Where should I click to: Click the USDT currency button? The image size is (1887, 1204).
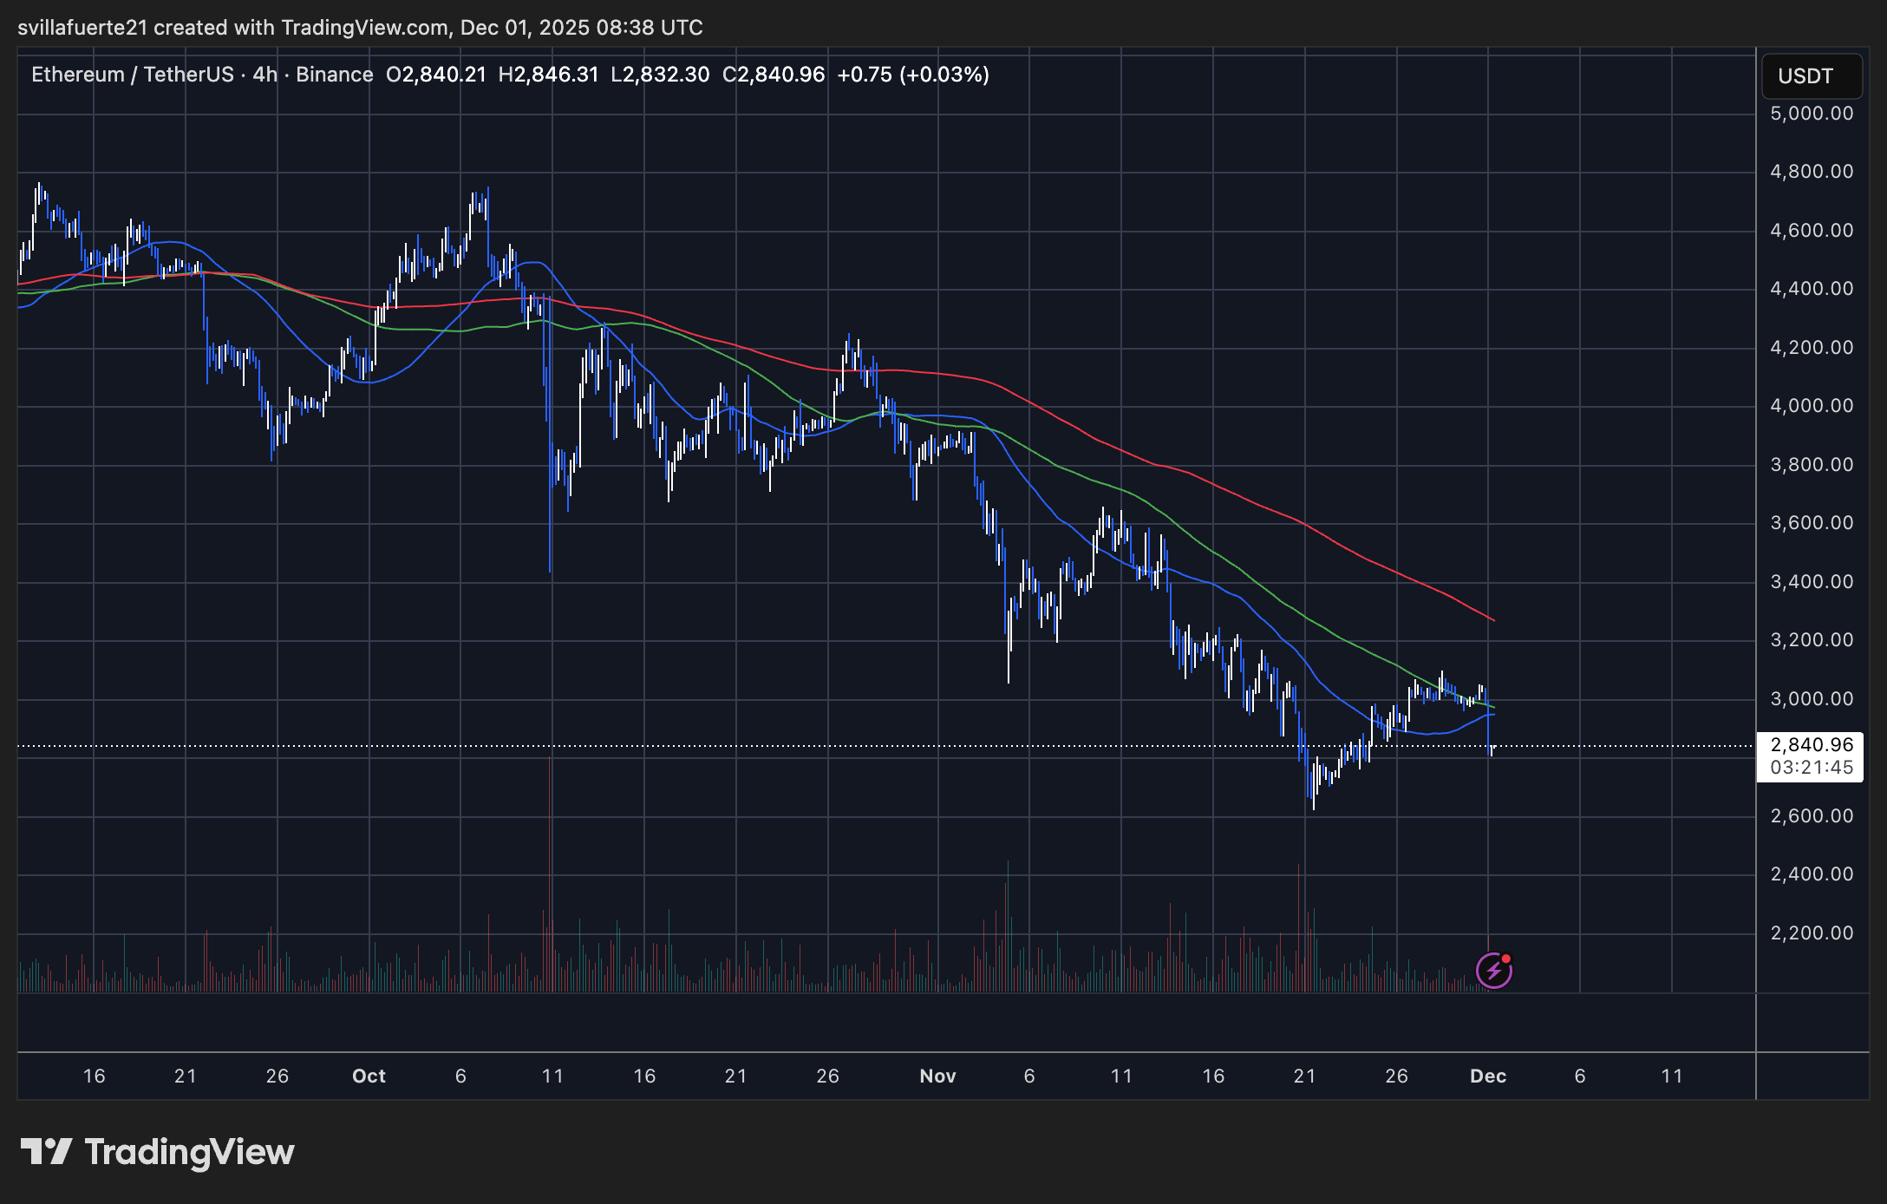[x=1811, y=76]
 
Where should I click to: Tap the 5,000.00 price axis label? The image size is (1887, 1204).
[x=1812, y=114]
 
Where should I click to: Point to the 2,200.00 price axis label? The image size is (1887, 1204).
[x=1812, y=933]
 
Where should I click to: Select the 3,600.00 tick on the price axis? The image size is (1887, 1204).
[x=1812, y=523]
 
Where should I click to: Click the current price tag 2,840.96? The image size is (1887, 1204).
[x=1812, y=745]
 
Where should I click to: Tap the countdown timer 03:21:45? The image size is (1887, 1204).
[x=1812, y=768]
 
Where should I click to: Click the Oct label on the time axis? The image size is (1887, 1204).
[x=369, y=1076]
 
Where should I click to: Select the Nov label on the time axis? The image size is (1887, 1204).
[x=937, y=1076]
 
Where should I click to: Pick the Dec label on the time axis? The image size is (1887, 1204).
[x=1488, y=1076]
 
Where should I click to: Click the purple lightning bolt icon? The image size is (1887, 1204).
[x=1493, y=971]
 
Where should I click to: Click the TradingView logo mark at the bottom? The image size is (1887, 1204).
[x=46, y=1152]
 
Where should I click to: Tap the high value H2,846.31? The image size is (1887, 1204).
[x=548, y=75]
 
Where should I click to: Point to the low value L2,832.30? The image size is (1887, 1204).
[x=660, y=75]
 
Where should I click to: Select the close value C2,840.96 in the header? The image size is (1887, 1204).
[x=774, y=75]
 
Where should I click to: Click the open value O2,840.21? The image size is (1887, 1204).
[x=436, y=75]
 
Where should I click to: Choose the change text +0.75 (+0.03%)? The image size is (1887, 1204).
[x=913, y=75]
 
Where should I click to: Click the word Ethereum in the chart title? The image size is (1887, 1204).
[x=78, y=75]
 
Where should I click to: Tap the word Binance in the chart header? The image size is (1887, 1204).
[x=335, y=75]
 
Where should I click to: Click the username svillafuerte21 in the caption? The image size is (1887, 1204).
[x=82, y=28]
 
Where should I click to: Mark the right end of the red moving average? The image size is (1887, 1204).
[x=1493, y=620]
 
